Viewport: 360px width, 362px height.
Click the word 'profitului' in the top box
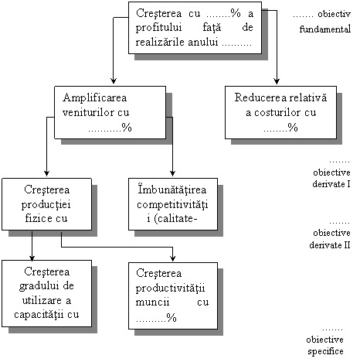(x=158, y=28)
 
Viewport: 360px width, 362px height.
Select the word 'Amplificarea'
(x=95, y=98)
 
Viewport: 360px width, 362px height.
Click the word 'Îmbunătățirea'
(x=172, y=190)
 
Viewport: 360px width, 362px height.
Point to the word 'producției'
(x=46, y=205)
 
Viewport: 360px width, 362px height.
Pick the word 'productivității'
(x=170, y=289)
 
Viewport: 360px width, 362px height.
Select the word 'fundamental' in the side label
(x=325, y=29)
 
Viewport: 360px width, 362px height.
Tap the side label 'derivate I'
(x=331, y=184)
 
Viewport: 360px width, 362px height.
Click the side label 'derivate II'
(x=330, y=244)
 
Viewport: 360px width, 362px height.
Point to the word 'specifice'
(x=325, y=351)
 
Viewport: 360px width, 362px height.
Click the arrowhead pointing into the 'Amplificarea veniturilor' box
(x=114, y=80)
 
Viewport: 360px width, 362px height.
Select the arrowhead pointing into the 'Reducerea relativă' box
(x=277, y=81)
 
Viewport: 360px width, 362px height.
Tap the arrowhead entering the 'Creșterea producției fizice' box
(x=46, y=173)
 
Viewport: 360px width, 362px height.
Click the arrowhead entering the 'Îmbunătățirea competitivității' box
(x=172, y=173)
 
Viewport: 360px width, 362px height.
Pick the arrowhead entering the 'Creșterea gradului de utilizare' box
(x=32, y=258)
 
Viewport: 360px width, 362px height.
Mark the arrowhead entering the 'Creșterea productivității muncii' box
(x=172, y=258)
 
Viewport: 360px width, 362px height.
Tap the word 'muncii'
(x=152, y=302)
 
